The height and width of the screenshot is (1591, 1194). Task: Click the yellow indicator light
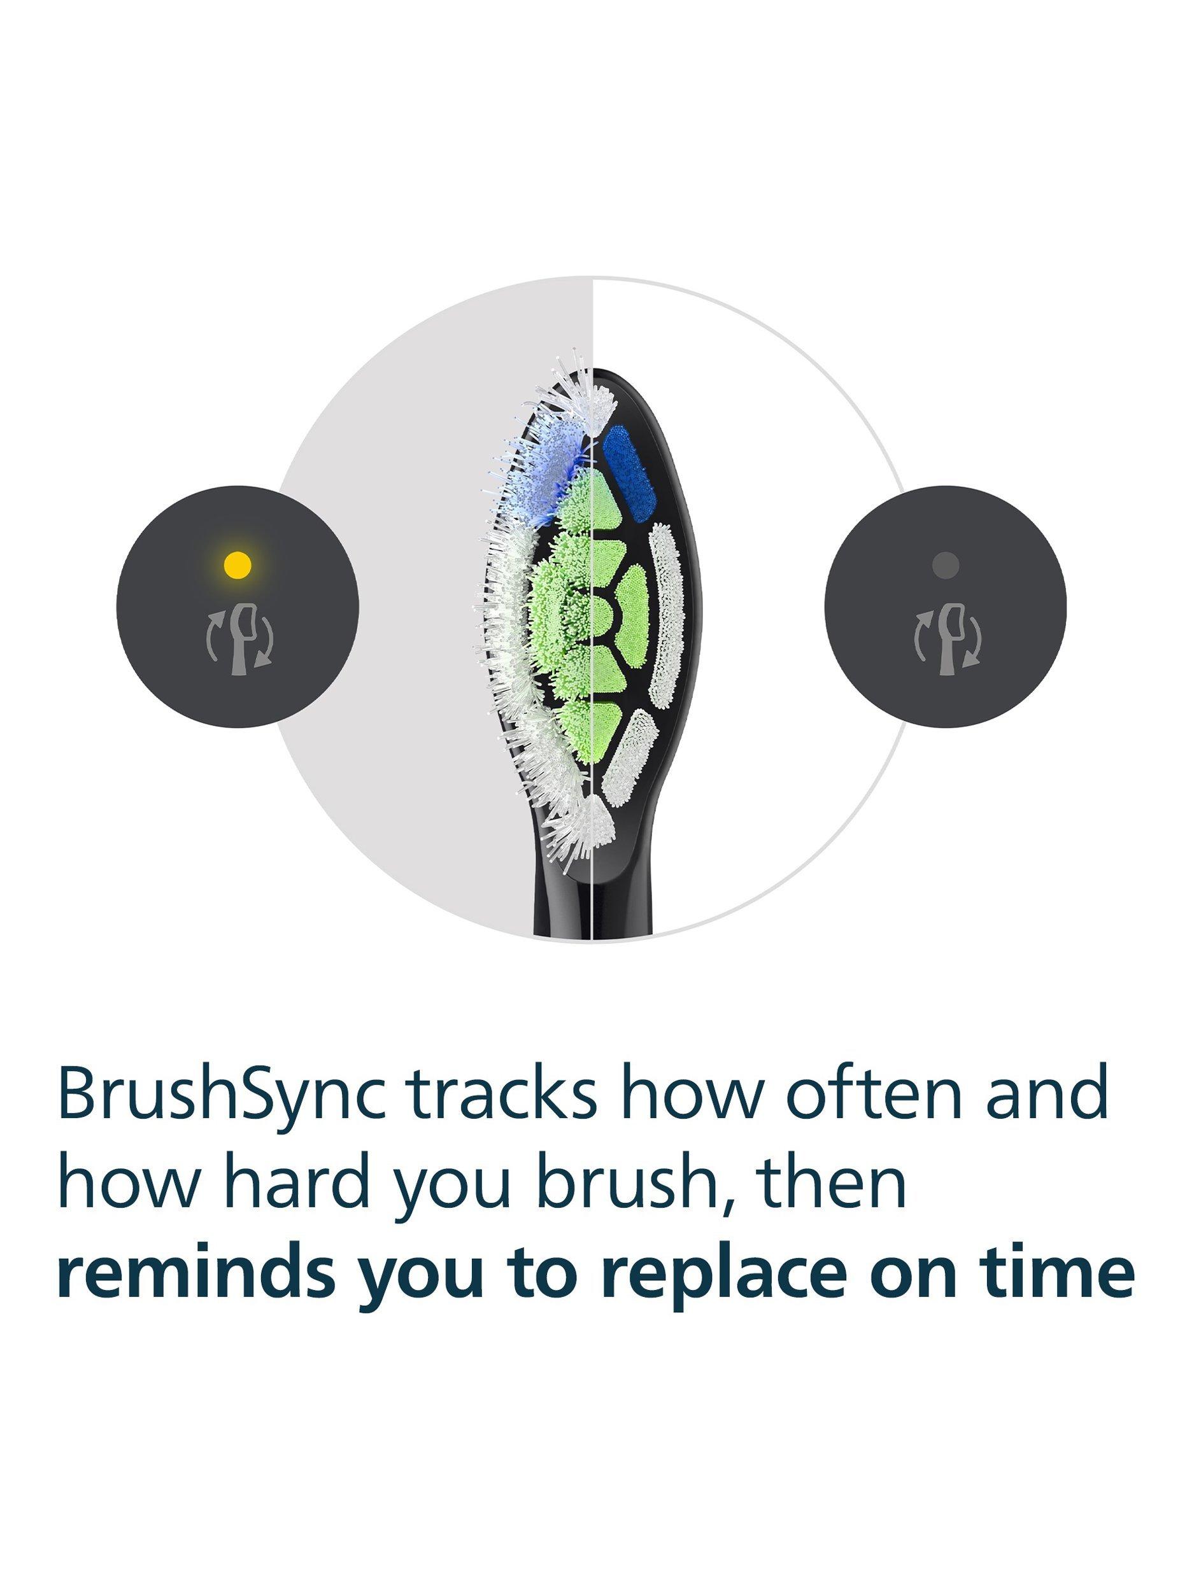(238, 564)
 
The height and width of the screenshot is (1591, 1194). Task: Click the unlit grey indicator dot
(945, 564)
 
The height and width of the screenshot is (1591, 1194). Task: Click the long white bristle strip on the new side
(665, 614)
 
